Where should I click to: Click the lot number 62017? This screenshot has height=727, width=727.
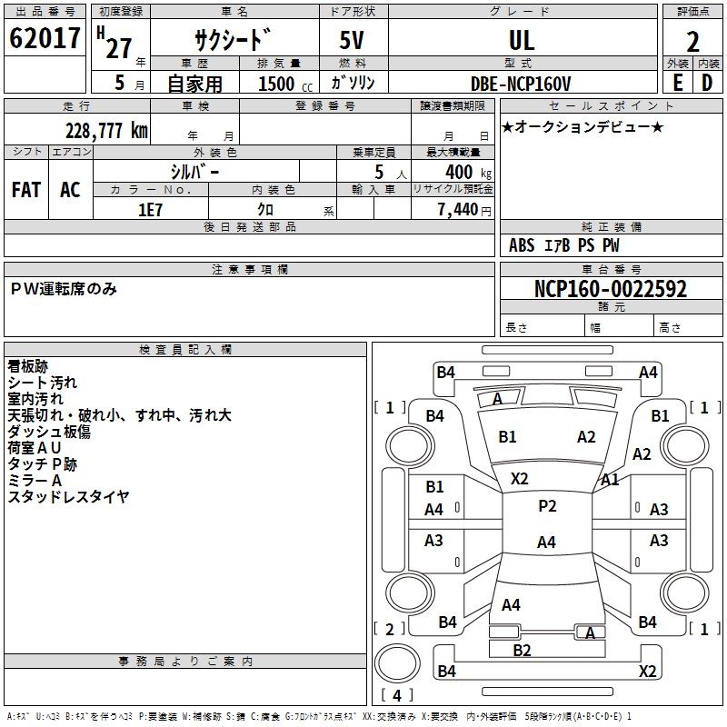pyautogui.click(x=45, y=38)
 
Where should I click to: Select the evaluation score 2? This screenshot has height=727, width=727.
pyautogui.click(x=692, y=42)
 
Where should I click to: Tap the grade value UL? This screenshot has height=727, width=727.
pyautogui.click(x=522, y=40)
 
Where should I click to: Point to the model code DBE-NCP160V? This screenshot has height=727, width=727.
pyautogui.click(x=520, y=84)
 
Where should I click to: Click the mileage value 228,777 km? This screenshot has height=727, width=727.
pyautogui.click(x=106, y=131)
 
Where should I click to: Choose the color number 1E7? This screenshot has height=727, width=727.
pyautogui.click(x=150, y=210)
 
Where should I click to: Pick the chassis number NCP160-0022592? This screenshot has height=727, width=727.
pyautogui.click(x=611, y=289)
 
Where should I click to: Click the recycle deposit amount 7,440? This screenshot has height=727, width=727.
pyautogui.click(x=458, y=210)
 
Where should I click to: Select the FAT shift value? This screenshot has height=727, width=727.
pyautogui.click(x=26, y=190)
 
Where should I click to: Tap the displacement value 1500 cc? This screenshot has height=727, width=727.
pyautogui.click(x=285, y=84)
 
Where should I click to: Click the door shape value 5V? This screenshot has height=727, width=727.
pyautogui.click(x=352, y=40)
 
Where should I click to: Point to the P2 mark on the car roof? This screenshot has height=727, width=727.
pyautogui.click(x=547, y=506)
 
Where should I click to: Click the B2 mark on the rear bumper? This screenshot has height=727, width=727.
pyautogui.click(x=522, y=651)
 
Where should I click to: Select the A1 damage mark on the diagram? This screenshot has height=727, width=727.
pyautogui.click(x=610, y=480)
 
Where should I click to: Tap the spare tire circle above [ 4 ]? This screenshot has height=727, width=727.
pyautogui.click(x=397, y=664)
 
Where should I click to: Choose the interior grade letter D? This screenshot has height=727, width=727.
pyautogui.click(x=707, y=83)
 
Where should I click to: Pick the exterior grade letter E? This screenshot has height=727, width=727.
pyautogui.click(x=677, y=83)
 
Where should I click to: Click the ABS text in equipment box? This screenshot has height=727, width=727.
pyautogui.click(x=522, y=245)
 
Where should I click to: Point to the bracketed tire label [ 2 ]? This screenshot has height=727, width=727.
pyautogui.click(x=390, y=629)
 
